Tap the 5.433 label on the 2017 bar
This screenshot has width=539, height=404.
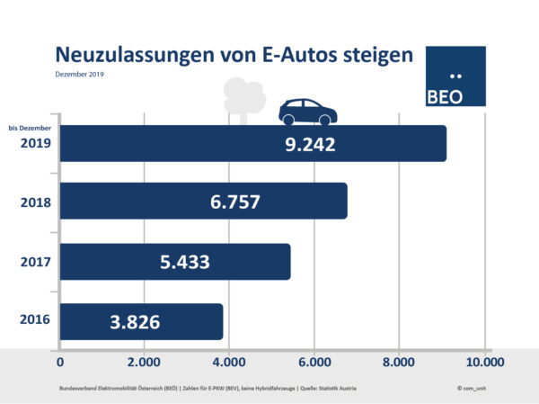[185, 262]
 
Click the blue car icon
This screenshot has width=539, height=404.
[307, 112]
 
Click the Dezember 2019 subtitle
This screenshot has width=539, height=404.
[80, 74]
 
